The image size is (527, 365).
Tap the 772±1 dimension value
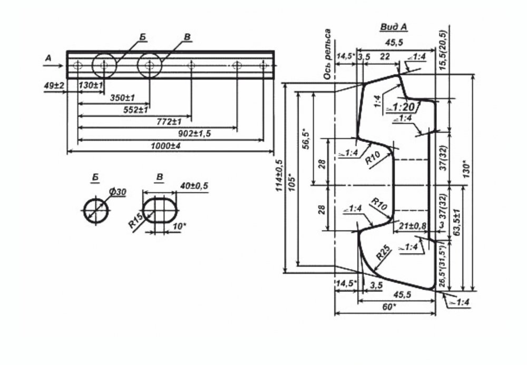coord(169,122)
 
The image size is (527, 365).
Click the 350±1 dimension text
coord(122,98)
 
